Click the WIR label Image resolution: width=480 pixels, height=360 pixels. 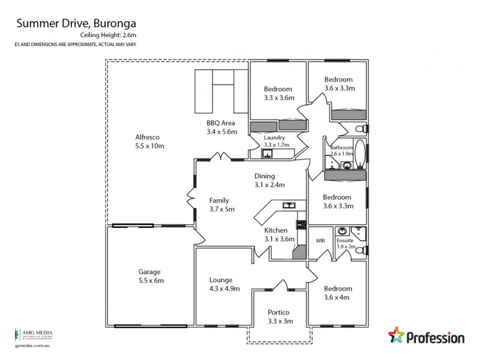[x=320, y=241]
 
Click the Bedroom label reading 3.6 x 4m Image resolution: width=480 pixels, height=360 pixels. [x=337, y=292]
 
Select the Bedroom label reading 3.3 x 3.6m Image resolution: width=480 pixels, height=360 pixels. [x=277, y=93]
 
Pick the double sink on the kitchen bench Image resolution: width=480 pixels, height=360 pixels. [x=290, y=205]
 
